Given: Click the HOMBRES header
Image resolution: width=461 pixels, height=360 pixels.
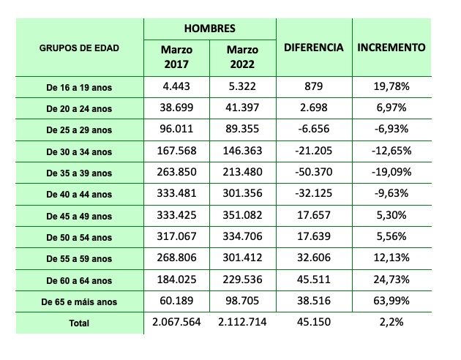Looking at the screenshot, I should point(209,29).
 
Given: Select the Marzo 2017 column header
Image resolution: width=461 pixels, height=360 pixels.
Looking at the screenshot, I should point(176,57).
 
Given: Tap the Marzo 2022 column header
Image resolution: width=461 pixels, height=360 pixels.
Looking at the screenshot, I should point(242,57).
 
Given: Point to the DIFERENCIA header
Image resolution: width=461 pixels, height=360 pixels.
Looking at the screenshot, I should point(313,48).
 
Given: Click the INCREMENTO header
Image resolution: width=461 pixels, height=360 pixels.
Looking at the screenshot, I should point(391,48).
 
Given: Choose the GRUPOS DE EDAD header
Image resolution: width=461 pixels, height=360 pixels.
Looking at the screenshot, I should point(79,48).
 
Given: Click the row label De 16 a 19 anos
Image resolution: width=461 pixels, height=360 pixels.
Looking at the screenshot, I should point(79,88).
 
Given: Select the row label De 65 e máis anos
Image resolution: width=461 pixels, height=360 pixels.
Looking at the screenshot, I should point(79,301).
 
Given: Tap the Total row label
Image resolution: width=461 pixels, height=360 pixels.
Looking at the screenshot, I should point(79,323).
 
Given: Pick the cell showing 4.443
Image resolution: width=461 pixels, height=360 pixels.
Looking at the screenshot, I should point(176,87).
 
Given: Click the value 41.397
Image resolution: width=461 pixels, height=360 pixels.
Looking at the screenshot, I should point(242,108).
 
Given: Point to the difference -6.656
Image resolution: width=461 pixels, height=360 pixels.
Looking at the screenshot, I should point(313,130).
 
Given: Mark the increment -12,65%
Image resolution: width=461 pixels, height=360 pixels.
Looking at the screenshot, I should point(391,151).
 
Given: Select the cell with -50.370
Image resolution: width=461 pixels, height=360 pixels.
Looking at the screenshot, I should point(313,173).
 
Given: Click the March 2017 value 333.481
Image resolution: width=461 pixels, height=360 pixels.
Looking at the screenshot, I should point(176,194).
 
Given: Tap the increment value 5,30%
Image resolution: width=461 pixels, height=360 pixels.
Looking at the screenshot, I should point(391,215).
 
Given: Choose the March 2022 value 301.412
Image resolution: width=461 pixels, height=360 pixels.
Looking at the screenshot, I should point(242,258).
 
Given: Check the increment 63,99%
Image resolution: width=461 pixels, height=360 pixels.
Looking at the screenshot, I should point(391,301).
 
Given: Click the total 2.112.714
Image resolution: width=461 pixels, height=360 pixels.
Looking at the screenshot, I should point(242,322).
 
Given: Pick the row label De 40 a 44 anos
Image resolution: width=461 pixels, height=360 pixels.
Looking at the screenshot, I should point(79,195).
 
